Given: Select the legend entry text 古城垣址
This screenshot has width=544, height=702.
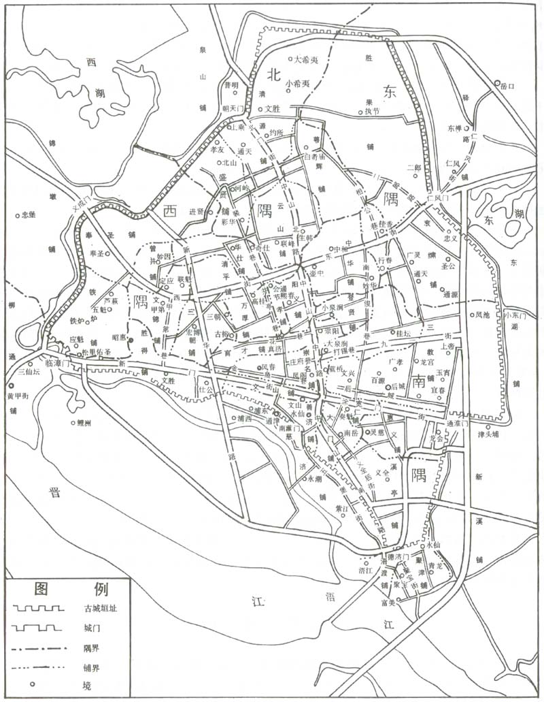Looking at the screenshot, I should click(x=101, y=608).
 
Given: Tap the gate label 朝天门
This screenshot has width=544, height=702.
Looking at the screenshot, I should click(x=233, y=108).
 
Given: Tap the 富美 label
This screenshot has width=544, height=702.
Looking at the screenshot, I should click(x=389, y=602).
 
